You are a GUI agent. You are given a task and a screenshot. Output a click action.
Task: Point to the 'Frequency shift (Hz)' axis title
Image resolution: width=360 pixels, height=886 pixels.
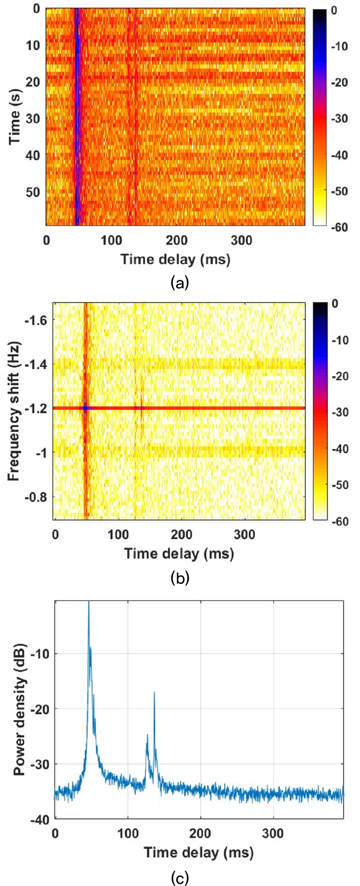click(x=15, y=411)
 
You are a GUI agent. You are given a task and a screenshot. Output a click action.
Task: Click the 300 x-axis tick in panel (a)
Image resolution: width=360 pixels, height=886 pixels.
click(x=242, y=240)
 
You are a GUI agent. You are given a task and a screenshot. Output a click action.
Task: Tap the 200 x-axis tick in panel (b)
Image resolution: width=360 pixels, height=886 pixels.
click(x=182, y=534)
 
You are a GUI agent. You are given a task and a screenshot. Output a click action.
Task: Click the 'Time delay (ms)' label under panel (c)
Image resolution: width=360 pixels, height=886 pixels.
click(x=199, y=852)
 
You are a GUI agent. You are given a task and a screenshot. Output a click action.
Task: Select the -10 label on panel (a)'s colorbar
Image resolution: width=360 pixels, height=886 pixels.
click(x=338, y=46)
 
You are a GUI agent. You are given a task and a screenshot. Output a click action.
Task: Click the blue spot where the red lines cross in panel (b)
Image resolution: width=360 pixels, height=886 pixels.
click(x=85, y=408)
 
